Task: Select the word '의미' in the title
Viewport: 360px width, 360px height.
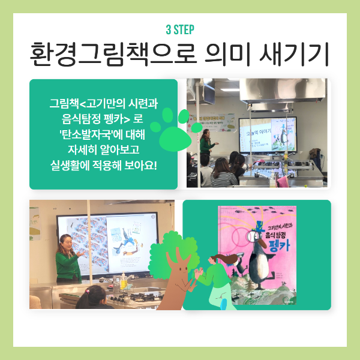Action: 239,55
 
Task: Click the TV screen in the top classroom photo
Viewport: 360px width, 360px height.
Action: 267,133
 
